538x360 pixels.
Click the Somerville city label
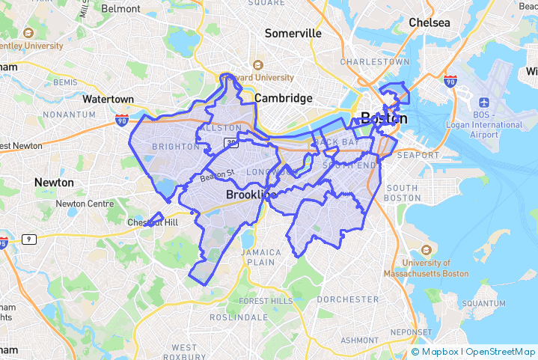(293, 34)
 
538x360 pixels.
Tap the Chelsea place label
(430, 23)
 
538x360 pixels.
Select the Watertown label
(108, 99)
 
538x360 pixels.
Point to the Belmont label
(120, 9)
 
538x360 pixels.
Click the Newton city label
(54, 183)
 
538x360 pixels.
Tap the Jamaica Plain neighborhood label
(261, 257)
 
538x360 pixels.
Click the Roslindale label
(238, 317)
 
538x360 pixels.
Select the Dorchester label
(347, 299)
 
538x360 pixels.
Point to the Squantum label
(483, 303)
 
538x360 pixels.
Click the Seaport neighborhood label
(419, 155)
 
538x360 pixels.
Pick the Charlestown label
(375, 61)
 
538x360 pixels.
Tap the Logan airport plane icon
(484, 102)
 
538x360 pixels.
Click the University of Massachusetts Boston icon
(427, 250)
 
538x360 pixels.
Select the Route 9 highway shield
(28, 239)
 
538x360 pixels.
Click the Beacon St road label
(217, 174)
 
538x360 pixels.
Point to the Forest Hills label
(266, 301)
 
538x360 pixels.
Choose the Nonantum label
(69, 115)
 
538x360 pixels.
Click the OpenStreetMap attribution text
(501, 351)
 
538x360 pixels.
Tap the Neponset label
(412, 332)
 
